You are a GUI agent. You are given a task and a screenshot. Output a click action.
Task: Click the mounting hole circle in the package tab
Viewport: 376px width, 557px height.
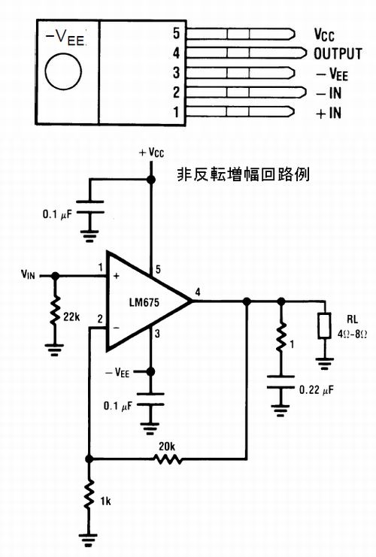63,71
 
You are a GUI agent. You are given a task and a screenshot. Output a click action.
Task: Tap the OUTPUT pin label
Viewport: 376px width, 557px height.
338,54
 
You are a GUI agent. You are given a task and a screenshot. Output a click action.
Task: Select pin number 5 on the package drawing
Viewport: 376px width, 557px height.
176,33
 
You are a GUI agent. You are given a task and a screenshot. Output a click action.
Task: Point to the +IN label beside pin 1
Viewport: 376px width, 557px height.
329,114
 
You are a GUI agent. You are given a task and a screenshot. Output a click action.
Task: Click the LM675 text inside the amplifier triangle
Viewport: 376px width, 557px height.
144,302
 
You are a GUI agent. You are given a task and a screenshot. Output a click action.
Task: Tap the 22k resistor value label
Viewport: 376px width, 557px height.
71,316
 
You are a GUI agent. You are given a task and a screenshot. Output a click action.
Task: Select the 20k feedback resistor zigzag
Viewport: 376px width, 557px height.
168,459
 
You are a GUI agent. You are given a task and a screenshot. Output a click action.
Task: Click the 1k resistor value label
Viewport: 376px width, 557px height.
105,501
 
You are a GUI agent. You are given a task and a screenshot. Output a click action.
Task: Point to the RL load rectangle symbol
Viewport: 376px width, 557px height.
324,325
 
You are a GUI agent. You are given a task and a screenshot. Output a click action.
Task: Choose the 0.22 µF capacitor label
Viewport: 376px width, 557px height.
317,390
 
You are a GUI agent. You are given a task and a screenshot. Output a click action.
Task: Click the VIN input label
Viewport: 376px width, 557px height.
28,274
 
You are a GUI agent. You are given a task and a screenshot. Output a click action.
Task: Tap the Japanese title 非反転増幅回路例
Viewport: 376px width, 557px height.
243,174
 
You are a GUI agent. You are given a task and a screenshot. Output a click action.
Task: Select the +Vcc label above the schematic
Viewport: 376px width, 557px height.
151,153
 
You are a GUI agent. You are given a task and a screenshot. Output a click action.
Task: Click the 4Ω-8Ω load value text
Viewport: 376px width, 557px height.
352,334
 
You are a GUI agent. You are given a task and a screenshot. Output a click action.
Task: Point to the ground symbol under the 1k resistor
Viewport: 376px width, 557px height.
89,540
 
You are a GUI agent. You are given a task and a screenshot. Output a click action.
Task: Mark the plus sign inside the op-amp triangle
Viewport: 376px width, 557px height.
117,276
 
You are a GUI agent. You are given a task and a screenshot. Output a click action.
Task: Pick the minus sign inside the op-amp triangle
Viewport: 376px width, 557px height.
116,328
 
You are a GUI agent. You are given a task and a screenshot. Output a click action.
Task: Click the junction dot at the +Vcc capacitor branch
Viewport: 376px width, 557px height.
151,180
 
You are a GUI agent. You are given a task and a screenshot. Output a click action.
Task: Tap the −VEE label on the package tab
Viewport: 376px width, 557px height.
66,38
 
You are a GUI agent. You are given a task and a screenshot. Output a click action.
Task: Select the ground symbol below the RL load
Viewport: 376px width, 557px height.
324,363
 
